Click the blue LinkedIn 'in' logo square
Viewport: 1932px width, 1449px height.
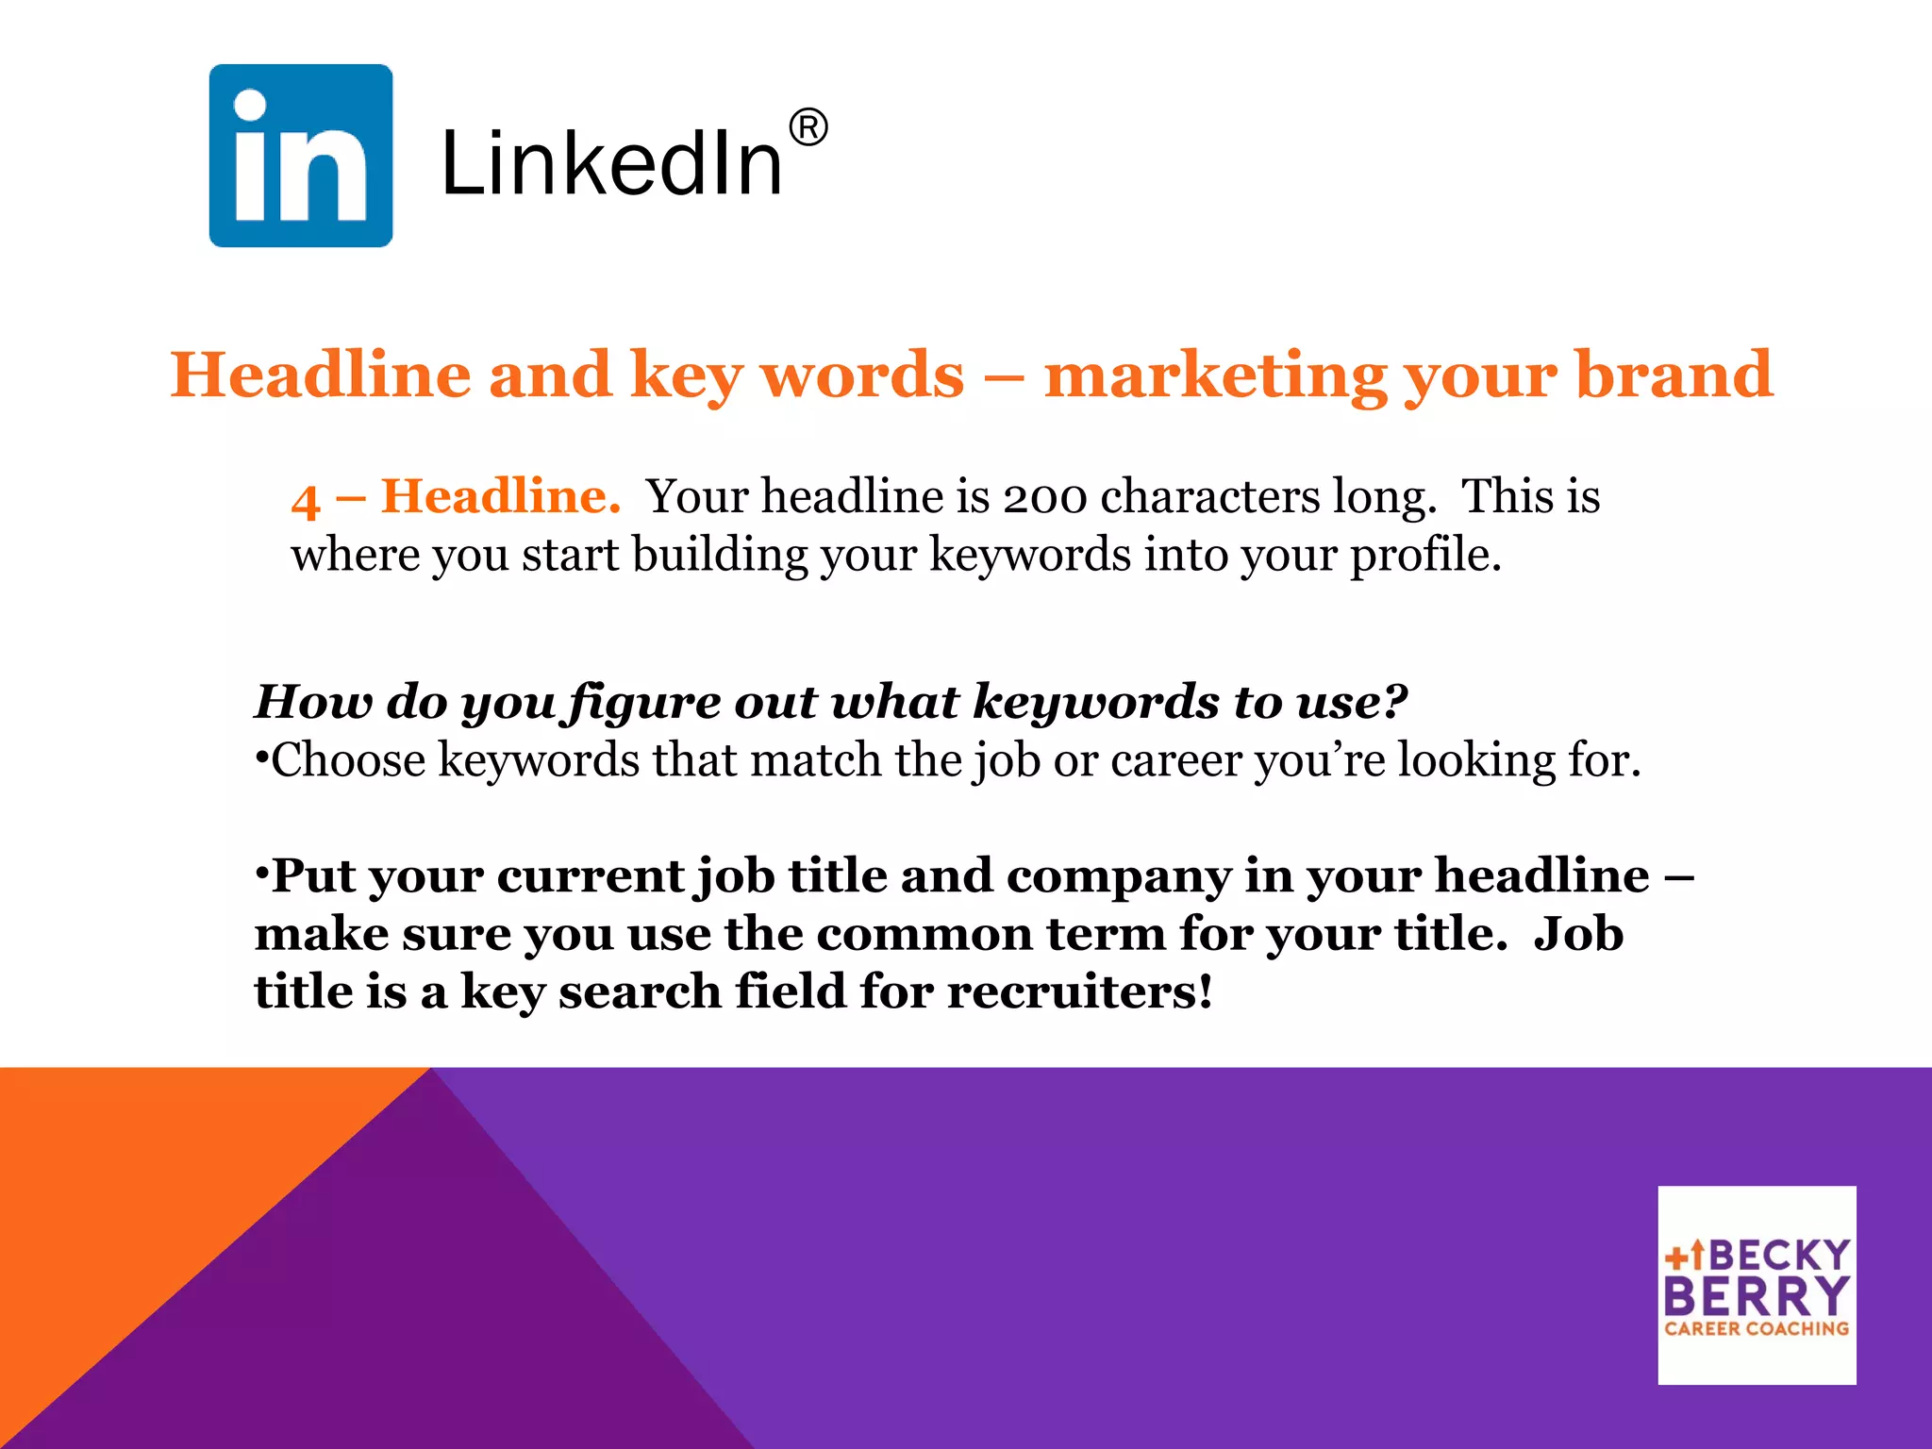300,156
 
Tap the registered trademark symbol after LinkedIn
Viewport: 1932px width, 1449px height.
808,127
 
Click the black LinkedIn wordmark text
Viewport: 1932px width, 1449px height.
611,165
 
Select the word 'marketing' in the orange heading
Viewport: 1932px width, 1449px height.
1215,375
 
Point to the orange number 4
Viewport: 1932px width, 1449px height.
306,499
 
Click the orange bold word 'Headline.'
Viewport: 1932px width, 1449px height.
500,496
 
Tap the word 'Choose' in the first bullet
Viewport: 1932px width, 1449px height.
347,760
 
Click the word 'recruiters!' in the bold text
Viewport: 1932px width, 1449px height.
1079,992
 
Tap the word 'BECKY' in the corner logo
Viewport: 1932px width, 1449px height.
1779,1256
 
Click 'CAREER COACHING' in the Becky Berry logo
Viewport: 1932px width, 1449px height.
1757,1328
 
